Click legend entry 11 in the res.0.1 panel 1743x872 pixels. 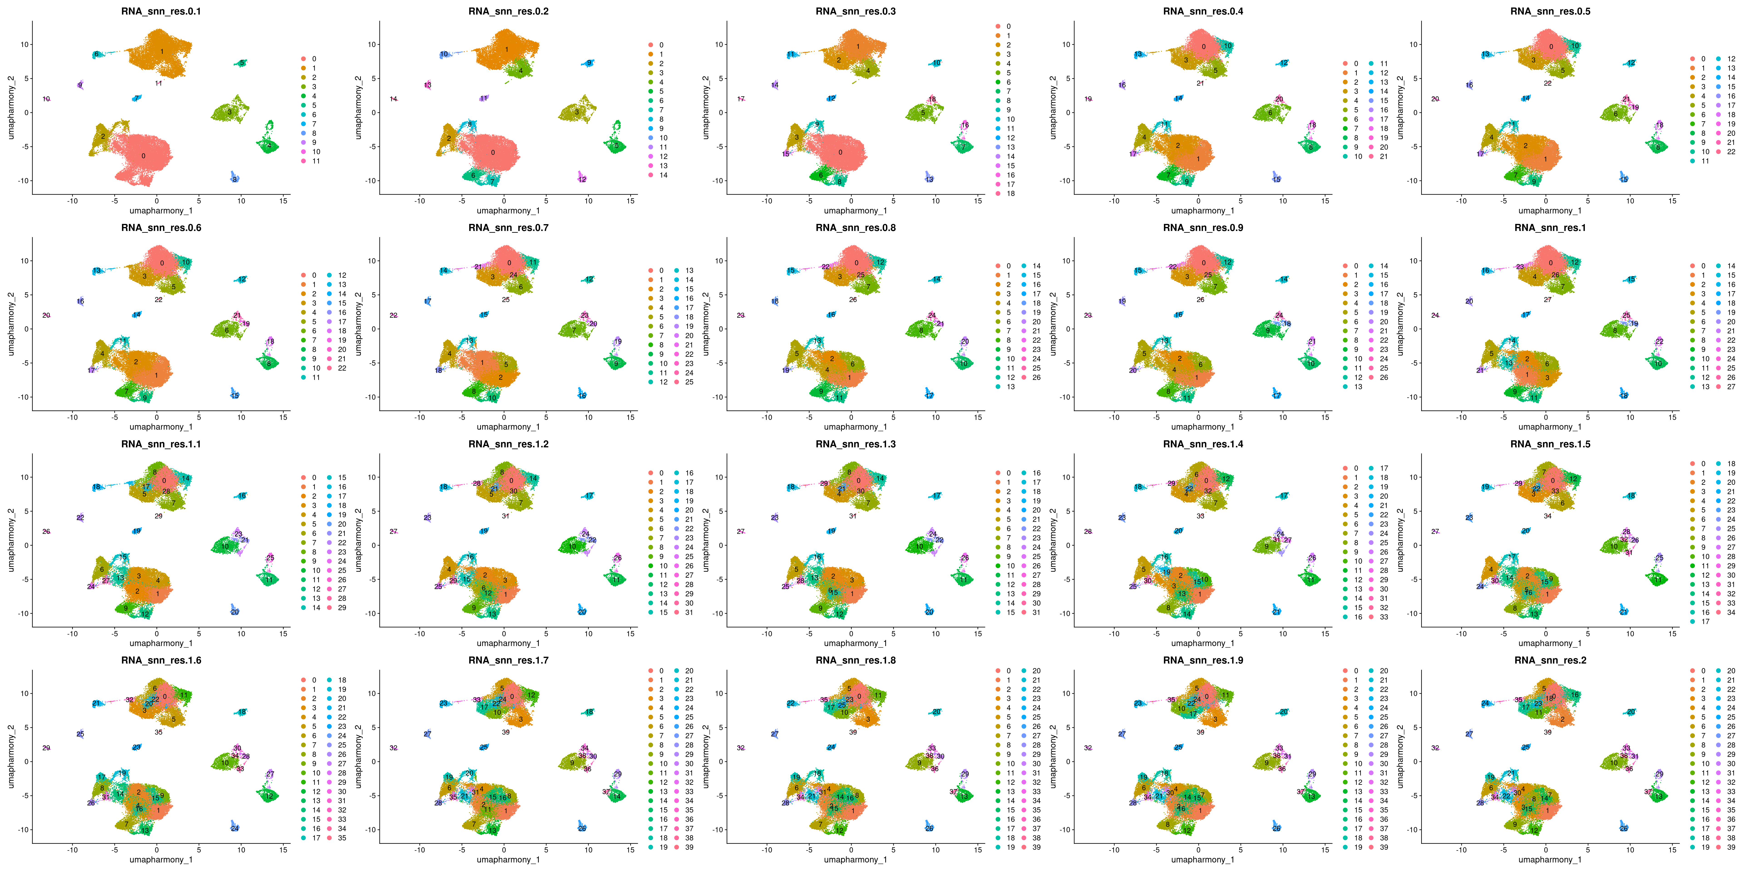pos(316,161)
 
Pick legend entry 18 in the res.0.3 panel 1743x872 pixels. pos(1010,194)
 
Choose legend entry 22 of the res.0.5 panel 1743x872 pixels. pos(1731,152)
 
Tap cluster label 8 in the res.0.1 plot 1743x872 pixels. pos(235,179)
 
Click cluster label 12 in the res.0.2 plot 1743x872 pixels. pos(582,179)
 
